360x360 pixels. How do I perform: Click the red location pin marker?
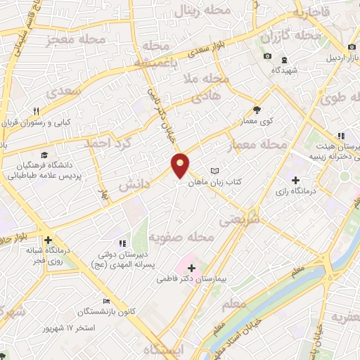181,165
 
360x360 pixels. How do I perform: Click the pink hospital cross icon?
192,267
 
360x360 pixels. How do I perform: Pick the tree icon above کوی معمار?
257,109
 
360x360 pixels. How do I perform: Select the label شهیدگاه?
286,70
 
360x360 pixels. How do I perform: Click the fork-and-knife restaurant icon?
37,110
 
